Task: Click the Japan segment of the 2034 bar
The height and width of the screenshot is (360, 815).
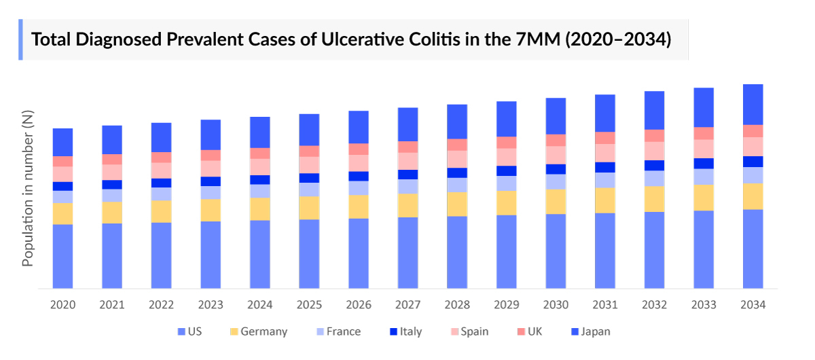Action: click(x=753, y=105)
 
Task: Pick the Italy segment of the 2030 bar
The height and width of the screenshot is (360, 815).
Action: click(x=556, y=169)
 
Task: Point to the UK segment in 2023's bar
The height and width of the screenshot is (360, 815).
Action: click(x=211, y=155)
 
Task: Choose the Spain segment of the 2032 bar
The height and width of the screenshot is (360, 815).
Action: click(x=654, y=151)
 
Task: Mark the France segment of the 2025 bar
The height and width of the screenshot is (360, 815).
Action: click(x=309, y=190)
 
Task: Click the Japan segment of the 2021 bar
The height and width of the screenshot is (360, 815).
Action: click(x=112, y=140)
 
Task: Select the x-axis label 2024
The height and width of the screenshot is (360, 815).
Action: click(x=259, y=305)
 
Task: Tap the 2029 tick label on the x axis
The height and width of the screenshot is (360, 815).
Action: click(x=506, y=305)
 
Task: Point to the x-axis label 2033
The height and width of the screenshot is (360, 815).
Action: click(x=703, y=305)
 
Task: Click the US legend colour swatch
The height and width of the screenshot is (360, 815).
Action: click(x=181, y=332)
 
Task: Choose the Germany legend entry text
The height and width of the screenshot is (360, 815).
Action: click(x=264, y=332)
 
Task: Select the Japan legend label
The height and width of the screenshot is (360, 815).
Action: click(x=596, y=332)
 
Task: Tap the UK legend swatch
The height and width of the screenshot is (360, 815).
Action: click(x=522, y=332)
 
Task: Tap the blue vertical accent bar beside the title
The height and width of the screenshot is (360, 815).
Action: click(x=20, y=39)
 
